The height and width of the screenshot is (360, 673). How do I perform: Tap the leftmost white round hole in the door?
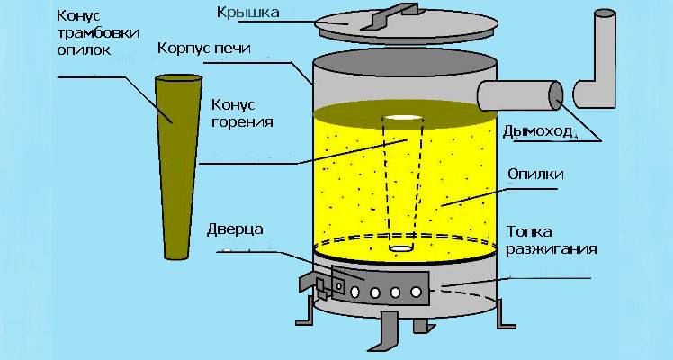358,292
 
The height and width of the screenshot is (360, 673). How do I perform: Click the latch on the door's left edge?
321,286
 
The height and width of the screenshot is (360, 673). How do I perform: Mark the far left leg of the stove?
304,310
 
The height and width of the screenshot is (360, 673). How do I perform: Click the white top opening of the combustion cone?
402,118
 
